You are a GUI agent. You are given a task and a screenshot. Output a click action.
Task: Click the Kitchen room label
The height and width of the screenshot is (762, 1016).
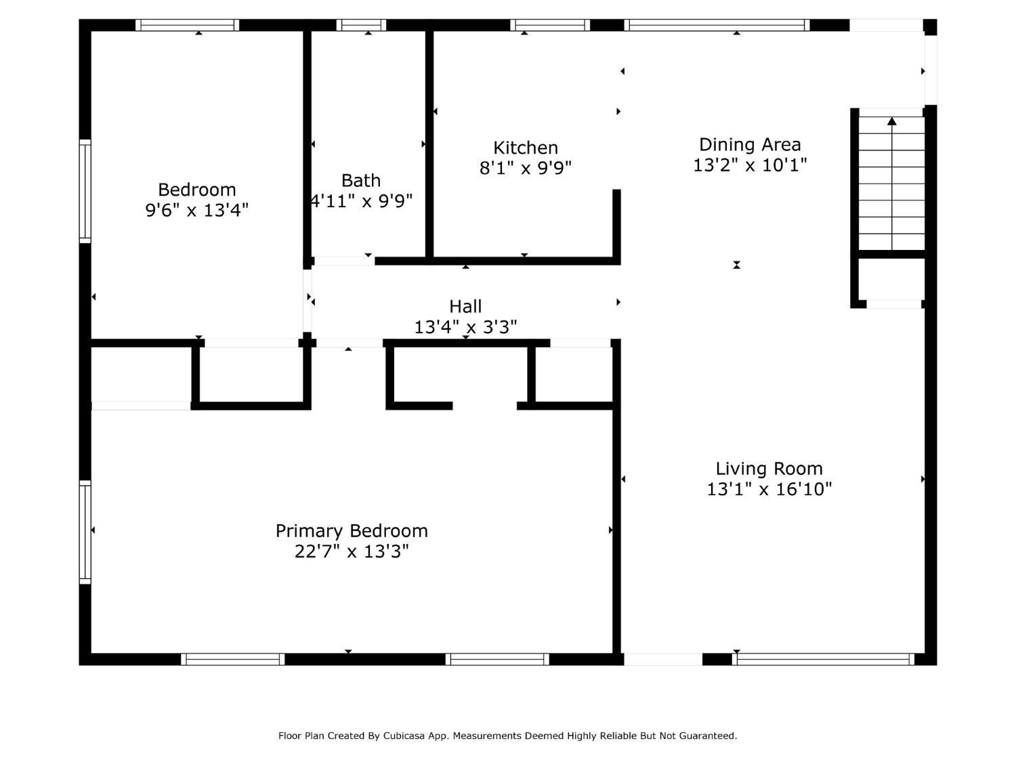[526, 148]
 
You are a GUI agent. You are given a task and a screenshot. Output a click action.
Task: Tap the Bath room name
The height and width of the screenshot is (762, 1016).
[361, 180]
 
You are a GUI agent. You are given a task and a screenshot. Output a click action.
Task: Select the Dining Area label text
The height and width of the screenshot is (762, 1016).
[750, 145]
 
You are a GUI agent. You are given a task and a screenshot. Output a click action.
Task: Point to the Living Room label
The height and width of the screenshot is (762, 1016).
[769, 469]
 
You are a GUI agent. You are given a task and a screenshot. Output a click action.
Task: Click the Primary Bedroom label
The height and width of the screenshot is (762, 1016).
[352, 531]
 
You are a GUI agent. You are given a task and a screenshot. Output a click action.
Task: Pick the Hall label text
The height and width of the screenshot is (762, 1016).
[465, 306]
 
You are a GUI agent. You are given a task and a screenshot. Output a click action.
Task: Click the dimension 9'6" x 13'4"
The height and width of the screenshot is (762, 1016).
[197, 210]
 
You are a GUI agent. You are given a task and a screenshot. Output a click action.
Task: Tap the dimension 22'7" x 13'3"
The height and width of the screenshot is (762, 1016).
[352, 551]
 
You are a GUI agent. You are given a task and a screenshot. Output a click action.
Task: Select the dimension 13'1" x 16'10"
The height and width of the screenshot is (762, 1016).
[769, 489]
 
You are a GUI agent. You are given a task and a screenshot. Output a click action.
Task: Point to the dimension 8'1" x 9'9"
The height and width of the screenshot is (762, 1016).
[526, 168]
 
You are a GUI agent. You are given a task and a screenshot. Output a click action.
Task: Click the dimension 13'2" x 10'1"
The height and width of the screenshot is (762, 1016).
[750, 165]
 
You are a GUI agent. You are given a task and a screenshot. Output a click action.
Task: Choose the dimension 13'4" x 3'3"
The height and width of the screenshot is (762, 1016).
[465, 327]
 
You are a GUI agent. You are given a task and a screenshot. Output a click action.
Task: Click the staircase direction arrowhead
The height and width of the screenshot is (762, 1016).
[892, 121]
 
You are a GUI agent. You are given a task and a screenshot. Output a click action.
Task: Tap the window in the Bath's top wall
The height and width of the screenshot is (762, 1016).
[361, 25]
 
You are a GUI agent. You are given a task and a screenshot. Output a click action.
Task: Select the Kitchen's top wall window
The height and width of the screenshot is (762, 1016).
[551, 25]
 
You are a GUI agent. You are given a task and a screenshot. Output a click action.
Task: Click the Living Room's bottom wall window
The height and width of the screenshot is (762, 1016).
[824, 659]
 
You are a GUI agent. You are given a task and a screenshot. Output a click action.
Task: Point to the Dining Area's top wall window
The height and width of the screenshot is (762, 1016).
[717, 25]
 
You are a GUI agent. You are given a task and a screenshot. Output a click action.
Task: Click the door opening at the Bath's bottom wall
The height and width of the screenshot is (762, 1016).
[344, 261]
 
